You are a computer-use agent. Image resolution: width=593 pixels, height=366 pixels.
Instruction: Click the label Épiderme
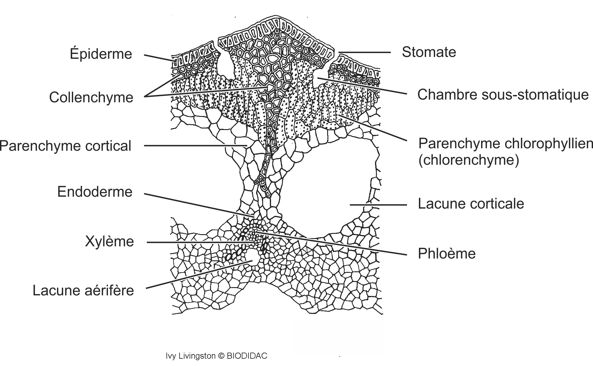tap(101, 54)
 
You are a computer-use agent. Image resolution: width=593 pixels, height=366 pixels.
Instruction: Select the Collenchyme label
tap(91, 97)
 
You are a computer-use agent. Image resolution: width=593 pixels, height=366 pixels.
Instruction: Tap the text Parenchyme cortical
tap(66, 146)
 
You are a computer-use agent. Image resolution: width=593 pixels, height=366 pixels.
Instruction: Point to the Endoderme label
tap(95, 192)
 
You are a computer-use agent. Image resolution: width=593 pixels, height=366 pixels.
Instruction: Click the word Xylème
tap(109, 241)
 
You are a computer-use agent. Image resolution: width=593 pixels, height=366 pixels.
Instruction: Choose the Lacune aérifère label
tap(83, 290)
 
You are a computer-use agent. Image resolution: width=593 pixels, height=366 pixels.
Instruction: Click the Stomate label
tap(429, 52)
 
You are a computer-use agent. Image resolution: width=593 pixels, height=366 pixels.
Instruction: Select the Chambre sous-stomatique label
tap(503, 94)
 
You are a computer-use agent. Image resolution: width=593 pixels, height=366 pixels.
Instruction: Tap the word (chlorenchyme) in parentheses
tap(469, 160)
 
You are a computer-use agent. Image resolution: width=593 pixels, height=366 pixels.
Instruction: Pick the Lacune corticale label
tap(471, 204)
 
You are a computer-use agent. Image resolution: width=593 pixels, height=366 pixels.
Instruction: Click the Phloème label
tap(447, 253)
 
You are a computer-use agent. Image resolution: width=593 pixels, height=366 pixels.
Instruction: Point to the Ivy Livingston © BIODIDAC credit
tap(216, 356)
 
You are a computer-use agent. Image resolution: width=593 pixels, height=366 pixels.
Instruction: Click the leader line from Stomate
tap(364, 52)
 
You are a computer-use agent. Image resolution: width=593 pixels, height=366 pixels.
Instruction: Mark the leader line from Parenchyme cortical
tap(195, 146)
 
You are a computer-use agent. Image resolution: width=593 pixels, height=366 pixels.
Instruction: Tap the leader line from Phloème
tap(332, 244)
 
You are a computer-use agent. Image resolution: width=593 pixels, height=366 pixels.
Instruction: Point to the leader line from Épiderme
tap(159, 58)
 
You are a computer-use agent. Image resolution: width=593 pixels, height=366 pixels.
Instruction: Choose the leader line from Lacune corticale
tap(378, 205)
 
